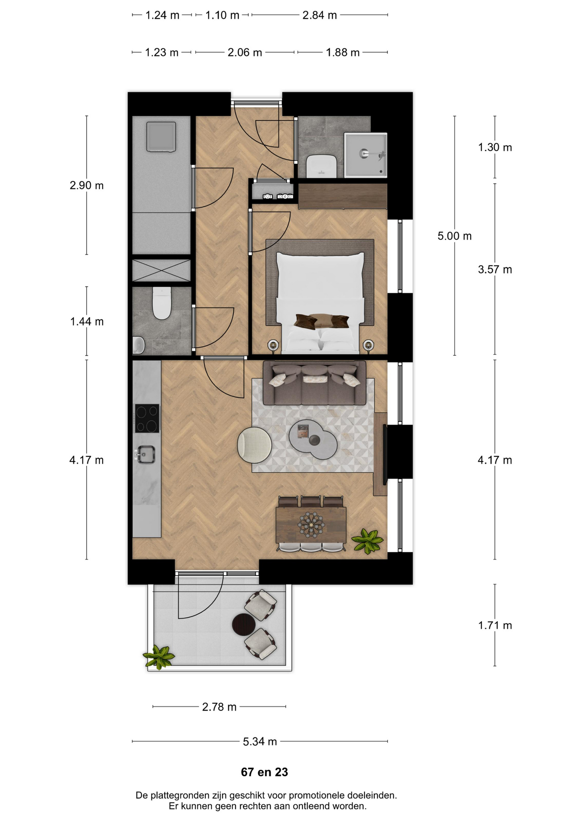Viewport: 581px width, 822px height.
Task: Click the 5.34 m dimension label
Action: pos(260,742)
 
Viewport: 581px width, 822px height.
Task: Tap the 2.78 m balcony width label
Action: pos(219,707)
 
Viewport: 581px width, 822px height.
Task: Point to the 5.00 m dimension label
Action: pos(454,236)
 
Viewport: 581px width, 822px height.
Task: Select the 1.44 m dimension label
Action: pos(87,322)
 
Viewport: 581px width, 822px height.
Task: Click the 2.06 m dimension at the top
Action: pos(245,53)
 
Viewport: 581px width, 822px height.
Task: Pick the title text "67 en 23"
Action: pos(264,772)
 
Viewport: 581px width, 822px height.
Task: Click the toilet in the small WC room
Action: pos(162,303)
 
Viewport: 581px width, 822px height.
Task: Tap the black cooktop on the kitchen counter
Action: pos(147,418)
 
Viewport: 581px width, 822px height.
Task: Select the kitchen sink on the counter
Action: pos(145,454)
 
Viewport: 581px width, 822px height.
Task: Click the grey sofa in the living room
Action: pos(314,383)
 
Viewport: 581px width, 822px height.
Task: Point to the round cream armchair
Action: pos(255,445)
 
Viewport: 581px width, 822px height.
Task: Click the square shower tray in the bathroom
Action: pos(366,155)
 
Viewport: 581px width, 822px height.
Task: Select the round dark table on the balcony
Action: pos(244,625)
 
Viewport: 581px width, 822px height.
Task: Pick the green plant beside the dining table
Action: pos(368,541)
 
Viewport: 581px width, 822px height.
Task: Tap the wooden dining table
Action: pos(311,524)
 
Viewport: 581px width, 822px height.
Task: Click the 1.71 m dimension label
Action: pos(495,625)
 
